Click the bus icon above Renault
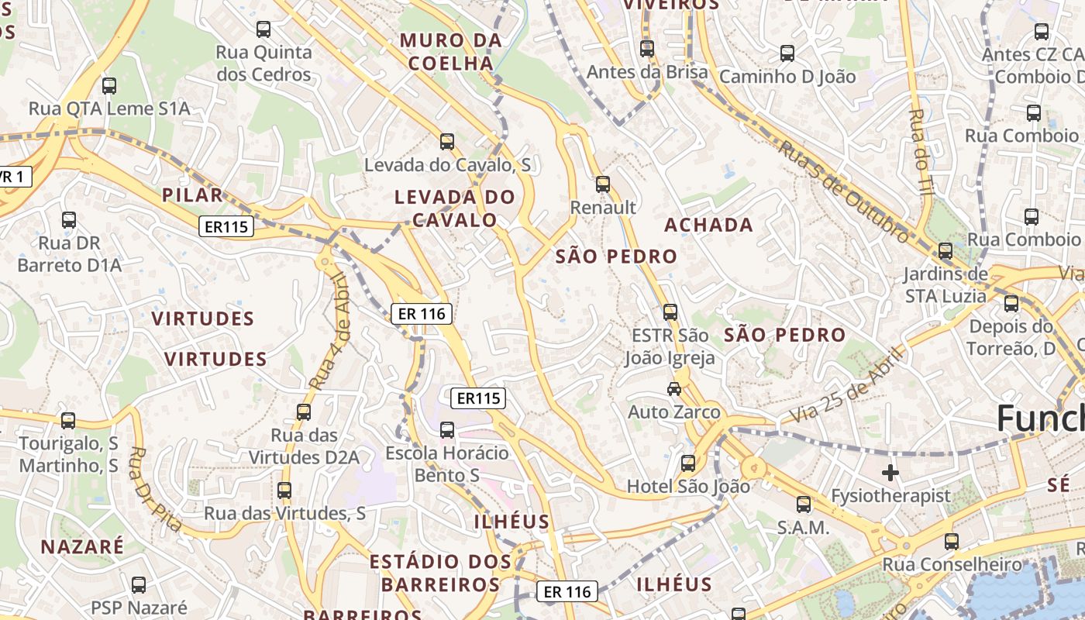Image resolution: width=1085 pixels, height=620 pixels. coord(602,184)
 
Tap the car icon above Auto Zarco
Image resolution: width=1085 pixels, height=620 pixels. coord(674,389)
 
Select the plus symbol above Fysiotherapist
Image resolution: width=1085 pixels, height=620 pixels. coord(890,472)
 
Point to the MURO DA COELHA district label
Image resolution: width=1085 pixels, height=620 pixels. coord(450,52)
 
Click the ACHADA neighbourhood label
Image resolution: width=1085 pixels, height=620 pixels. coord(708,226)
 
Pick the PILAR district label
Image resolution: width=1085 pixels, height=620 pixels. coord(192,195)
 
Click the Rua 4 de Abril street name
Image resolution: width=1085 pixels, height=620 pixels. coord(329,331)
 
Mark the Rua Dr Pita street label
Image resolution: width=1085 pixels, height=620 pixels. coord(156,489)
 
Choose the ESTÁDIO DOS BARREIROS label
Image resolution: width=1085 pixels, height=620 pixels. coord(440,573)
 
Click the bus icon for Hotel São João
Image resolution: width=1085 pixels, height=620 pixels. coord(687,463)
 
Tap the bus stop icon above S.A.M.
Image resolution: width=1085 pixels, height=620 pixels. coord(804,505)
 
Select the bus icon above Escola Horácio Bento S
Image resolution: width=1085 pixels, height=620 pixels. coord(446,429)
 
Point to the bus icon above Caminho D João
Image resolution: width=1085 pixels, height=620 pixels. coord(787,53)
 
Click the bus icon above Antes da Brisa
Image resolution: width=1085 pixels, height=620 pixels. coord(647,49)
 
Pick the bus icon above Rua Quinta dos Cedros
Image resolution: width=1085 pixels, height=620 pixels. coord(263,29)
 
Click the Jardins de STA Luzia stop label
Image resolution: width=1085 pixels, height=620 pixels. coord(945,284)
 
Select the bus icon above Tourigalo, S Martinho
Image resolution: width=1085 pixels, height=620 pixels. coord(68,420)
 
